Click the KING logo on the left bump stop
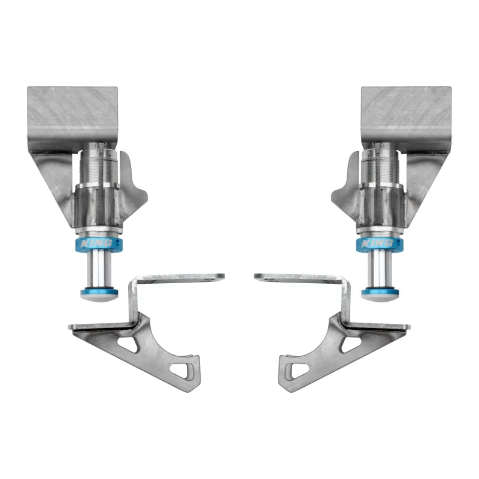click(x=96, y=244)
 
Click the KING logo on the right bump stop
click(x=377, y=244)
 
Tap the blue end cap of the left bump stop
click(x=99, y=293)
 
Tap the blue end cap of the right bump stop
click(x=380, y=293)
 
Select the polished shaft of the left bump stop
click(x=98, y=268)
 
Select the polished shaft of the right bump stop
click(x=380, y=268)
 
